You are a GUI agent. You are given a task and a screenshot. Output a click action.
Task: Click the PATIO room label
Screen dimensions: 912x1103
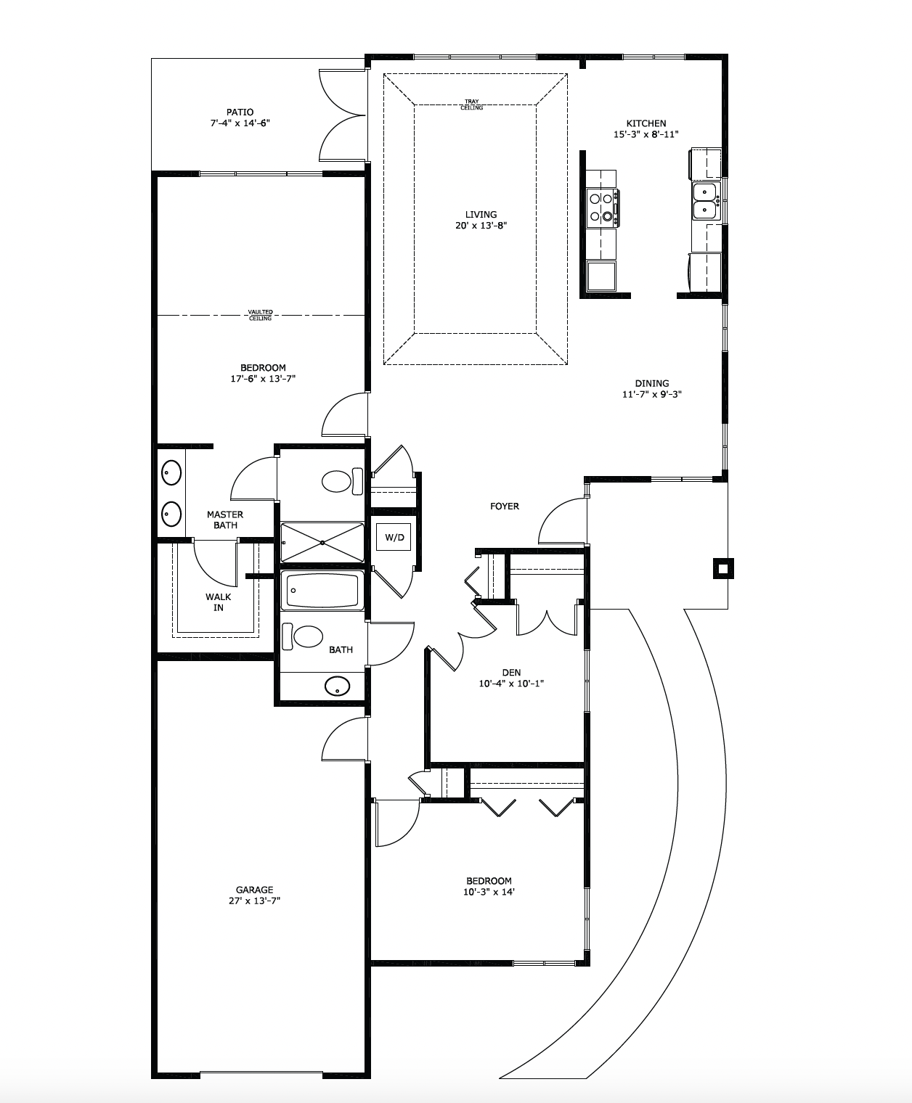(x=240, y=112)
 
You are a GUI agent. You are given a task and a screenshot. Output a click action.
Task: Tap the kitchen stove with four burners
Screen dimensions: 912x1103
(x=603, y=208)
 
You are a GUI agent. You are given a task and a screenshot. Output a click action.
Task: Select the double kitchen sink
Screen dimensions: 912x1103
(x=705, y=201)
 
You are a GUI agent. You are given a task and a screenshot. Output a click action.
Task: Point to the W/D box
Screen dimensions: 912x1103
(x=394, y=537)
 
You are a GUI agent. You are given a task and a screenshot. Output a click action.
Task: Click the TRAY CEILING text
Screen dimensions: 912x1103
(x=471, y=104)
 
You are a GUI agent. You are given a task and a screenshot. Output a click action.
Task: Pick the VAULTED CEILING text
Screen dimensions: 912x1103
(x=260, y=316)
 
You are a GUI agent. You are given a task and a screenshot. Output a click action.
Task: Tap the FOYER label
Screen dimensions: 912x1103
(x=505, y=506)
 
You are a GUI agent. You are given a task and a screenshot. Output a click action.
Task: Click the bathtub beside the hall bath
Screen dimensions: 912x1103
(x=322, y=589)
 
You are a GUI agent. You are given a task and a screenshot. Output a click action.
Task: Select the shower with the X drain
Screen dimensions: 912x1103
(x=322, y=543)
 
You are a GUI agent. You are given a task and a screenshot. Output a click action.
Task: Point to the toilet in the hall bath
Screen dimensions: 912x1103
(x=302, y=636)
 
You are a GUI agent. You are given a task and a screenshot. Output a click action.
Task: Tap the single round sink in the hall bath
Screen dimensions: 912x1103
(x=338, y=686)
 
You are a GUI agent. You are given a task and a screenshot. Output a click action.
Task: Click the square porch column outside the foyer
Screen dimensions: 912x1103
(x=723, y=568)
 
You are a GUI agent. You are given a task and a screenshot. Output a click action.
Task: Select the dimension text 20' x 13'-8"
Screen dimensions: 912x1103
(x=481, y=226)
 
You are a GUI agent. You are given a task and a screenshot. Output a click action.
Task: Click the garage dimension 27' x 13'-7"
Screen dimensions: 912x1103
(x=254, y=901)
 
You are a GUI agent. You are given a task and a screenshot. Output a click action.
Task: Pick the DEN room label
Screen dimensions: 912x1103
(x=511, y=673)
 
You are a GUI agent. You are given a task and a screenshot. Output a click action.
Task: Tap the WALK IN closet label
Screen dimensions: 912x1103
(x=219, y=602)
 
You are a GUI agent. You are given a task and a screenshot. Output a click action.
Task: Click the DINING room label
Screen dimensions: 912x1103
(x=652, y=383)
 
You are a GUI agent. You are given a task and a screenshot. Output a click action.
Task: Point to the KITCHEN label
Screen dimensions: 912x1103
(x=646, y=123)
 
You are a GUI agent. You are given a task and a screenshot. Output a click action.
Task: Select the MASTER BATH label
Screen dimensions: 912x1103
(x=225, y=520)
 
